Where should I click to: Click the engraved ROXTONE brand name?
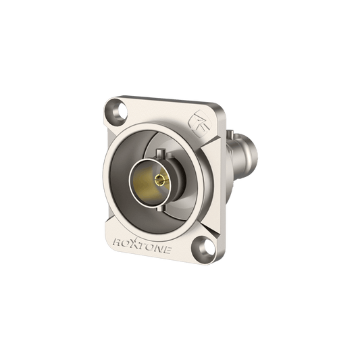[x=143, y=246]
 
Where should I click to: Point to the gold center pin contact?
[x=160, y=180]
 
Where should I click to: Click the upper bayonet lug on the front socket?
[x=161, y=153]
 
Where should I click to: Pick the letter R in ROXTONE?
[x=118, y=242]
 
